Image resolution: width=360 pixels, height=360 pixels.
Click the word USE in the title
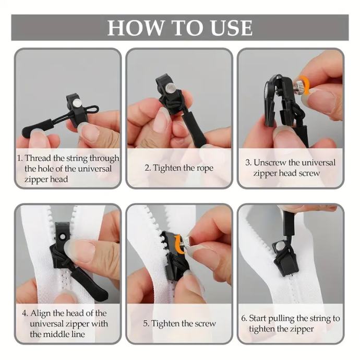232,28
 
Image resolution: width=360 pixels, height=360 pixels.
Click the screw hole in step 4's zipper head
62,236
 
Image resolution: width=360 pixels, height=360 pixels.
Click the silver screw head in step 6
279,247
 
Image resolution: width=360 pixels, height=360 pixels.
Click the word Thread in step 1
38,158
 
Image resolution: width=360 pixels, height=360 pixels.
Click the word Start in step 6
258,318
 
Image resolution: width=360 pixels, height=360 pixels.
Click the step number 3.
248,163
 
